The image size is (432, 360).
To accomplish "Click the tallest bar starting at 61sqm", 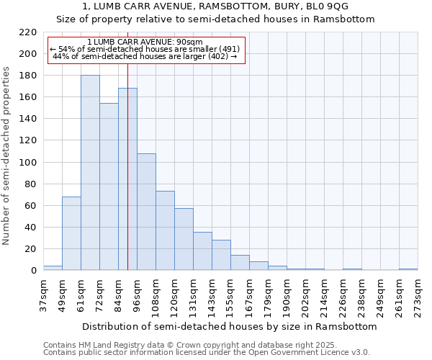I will [x=90, y=173].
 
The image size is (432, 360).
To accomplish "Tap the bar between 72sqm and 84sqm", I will [x=109, y=186].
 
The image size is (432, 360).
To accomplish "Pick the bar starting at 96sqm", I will [x=146, y=212].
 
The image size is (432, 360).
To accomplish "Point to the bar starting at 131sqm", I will [x=202, y=251].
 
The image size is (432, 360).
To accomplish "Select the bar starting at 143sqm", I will [x=221, y=255].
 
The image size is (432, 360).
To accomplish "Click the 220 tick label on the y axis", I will [x=28, y=32].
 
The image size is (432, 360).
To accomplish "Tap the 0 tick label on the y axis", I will [x=34, y=271].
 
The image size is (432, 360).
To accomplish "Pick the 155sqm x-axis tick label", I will [x=230, y=295].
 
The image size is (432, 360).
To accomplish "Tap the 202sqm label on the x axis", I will [x=305, y=295].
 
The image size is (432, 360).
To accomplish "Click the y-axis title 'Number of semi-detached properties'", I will [x=7, y=156].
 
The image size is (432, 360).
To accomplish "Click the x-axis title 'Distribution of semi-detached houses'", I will [x=230, y=326].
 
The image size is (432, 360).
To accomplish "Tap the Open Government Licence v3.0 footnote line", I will [x=207, y=352].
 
